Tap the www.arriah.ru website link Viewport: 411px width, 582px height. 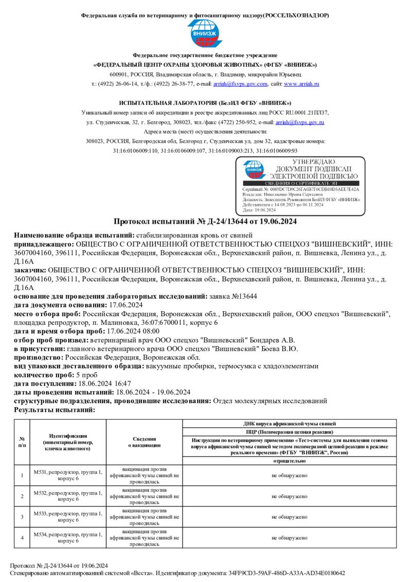(x=302, y=84)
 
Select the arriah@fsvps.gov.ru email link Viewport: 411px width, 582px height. (x=300, y=122)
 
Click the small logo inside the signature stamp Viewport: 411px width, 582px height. (x=255, y=170)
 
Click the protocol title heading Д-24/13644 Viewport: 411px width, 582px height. (x=205, y=222)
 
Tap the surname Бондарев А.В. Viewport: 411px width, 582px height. (x=276, y=340)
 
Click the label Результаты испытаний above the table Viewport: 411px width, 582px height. (x=54, y=410)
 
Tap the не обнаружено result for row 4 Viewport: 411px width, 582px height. (x=289, y=538)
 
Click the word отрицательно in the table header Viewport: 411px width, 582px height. (x=290, y=461)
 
